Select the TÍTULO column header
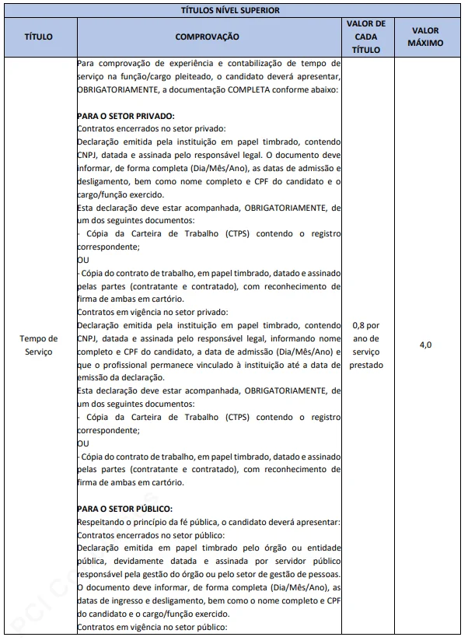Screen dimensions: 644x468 pyautogui.click(x=40, y=37)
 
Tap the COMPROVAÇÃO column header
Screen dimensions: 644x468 pyautogui.click(x=208, y=37)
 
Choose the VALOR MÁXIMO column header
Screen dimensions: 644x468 pyautogui.click(x=425, y=37)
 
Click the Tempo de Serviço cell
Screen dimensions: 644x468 pyautogui.click(x=40, y=345)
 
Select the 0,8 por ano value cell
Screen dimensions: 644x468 pyautogui.click(x=365, y=345)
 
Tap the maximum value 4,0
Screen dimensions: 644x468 pyautogui.click(x=425, y=345)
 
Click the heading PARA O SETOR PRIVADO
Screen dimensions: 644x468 pyautogui.click(x=125, y=116)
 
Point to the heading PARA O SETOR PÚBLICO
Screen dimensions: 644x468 pyautogui.click(x=124, y=509)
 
